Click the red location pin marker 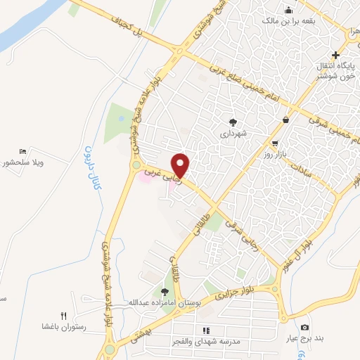181,165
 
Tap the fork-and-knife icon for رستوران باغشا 63,316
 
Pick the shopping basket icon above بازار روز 285,120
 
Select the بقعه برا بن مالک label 288,22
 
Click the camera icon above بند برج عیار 304,327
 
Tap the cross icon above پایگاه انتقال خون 336,55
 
